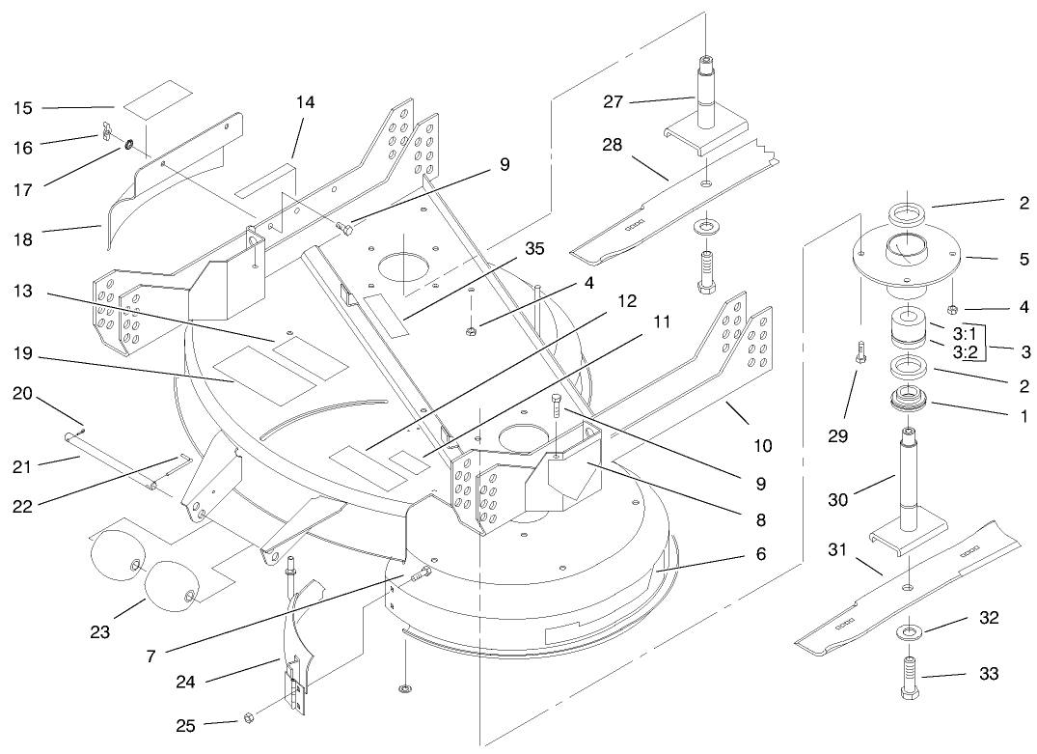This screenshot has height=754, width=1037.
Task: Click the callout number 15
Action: (x=23, y=108)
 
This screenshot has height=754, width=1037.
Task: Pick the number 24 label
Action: (x=185, y=682)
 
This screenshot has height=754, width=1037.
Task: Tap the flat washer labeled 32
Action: (x=909, y=632)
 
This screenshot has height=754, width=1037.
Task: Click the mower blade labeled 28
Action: (x=675, y=203)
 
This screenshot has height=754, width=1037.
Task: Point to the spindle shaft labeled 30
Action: (x=909, y=478)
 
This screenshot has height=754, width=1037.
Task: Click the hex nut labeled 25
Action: (x=246, y=717)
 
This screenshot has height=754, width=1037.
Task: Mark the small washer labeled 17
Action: (x=125, y=146)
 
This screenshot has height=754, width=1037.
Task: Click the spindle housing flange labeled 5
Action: (x=907, y=256)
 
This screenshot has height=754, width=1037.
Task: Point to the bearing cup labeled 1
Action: (x=908, y=397)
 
